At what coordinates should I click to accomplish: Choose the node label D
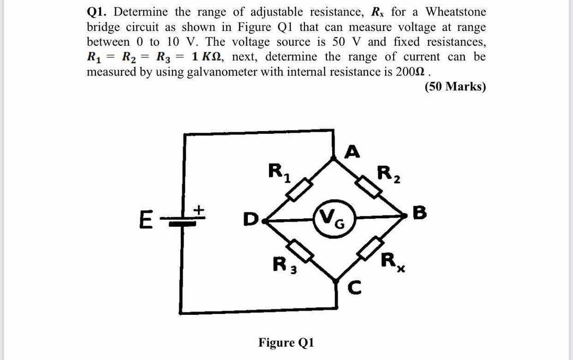point(248,218)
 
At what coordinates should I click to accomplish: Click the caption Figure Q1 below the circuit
point(286,342)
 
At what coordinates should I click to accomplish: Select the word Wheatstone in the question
point(456,11)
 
